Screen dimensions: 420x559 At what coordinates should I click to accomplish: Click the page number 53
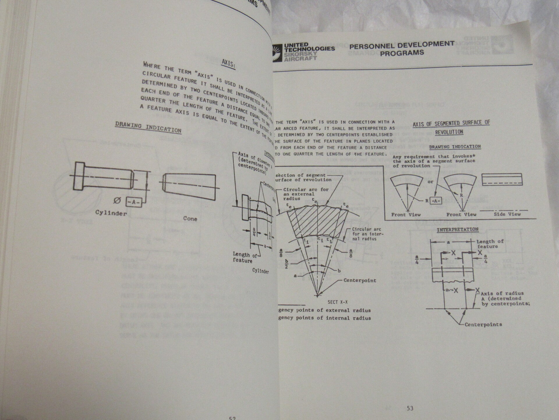[x=410, y=408]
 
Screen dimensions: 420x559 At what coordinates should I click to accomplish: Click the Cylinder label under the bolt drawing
[x=111, y=213]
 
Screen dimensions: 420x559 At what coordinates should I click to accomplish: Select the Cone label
[x=190, y=218]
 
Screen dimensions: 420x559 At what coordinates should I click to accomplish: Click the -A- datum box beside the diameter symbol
[x=134, y=202]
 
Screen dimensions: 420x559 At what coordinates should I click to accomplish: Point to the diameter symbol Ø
[x=117, y=201]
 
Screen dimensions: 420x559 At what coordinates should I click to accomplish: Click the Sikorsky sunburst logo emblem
[x=277, y=52]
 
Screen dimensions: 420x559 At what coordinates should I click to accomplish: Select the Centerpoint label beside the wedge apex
[x=360, y=280]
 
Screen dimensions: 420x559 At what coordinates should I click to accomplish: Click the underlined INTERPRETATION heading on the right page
[x=457, y=230]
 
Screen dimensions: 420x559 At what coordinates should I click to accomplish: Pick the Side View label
[x=507, y=214]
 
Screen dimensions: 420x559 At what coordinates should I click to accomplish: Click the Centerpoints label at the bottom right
[x=483, y=324]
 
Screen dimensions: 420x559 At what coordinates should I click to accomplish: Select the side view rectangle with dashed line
[x=502, y=179]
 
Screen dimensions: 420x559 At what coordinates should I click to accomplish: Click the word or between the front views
[x=430, y=182]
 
